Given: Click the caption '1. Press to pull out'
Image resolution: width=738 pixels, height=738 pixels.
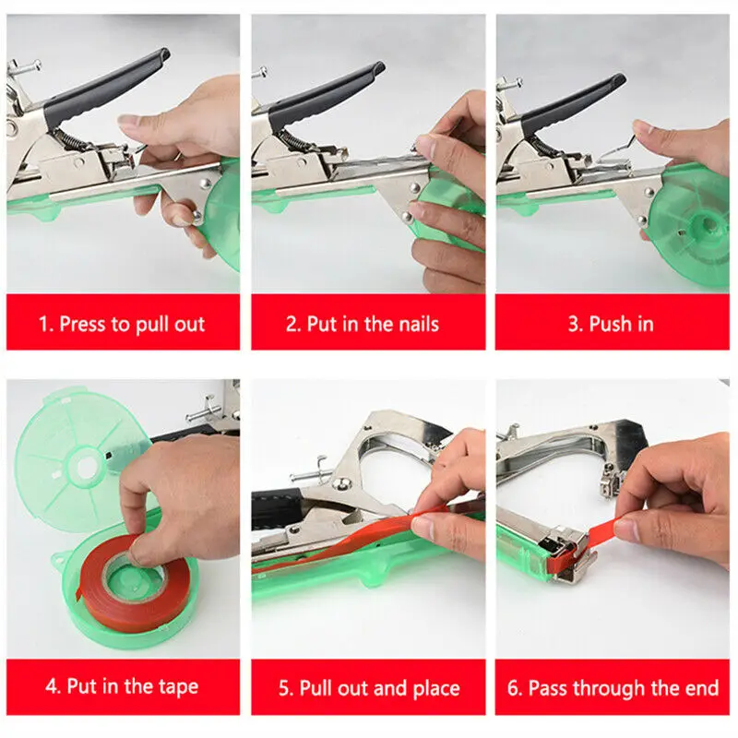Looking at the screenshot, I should pyautogui.click(x=123, y=324).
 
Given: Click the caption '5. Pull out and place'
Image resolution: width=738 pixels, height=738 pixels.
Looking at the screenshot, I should pyautogui.click(x=369, y=687).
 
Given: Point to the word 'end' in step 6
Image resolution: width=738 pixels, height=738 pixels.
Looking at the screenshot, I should pyautogui.click(x=701, y=687).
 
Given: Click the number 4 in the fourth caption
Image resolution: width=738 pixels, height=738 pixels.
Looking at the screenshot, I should pyautogui.click(x=51, y=687).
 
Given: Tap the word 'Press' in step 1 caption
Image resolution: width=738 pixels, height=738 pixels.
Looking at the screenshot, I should pyautogui.click(x=84, y=324).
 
